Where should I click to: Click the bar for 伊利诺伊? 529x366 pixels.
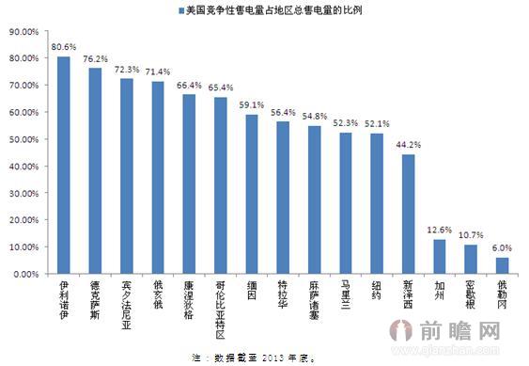coord(63,165)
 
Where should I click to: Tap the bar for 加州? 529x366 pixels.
coord(439,256)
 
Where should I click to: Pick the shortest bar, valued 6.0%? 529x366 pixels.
coord(502,265)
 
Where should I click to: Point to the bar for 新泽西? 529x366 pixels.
coord(408,214)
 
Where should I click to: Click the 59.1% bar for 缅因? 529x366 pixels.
coord(251,194)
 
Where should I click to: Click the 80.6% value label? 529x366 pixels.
coord(64,46)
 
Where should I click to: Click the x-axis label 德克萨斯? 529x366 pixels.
coord(95,299)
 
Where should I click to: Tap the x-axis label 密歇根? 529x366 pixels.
coord(471,294)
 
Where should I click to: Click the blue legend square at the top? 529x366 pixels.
coord(180,10)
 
